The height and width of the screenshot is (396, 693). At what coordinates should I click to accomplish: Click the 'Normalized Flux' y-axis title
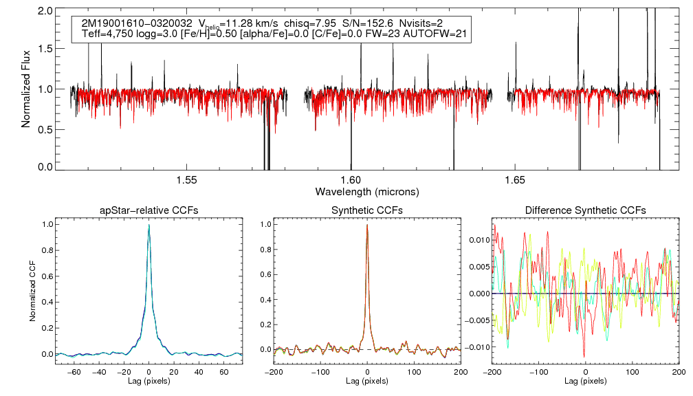[26, 89]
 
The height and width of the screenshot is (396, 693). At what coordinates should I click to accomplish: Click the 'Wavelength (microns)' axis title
[367, 190]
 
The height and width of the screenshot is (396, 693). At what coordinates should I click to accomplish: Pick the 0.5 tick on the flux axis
[45, 129]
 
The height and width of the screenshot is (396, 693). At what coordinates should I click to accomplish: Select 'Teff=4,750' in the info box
[107, 34]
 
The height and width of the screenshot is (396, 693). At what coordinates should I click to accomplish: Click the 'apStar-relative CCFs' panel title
[149, 210]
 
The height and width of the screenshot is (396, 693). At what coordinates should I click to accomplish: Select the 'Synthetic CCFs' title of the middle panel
[367, 210]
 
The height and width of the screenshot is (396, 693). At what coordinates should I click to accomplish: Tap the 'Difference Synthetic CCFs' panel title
[585, 210]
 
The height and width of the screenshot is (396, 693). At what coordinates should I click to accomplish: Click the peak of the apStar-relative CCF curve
[149, 225]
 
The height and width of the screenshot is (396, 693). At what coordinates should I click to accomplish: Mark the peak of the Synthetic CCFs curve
[367, 225]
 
